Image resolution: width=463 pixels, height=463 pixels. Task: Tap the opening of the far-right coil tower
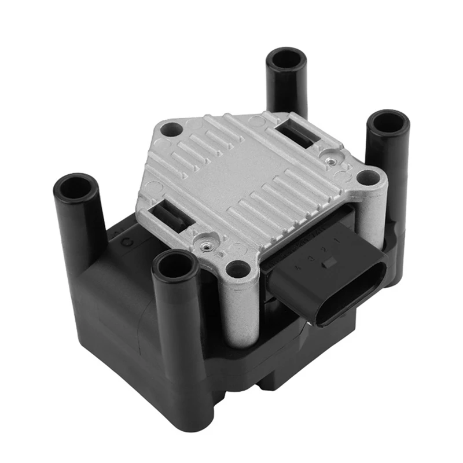(388, 123)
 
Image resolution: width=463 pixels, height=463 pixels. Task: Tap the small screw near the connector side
(204, 247)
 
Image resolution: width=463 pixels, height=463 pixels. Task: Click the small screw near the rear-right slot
(329, 155)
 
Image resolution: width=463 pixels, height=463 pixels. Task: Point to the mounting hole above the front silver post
(237, 268)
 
